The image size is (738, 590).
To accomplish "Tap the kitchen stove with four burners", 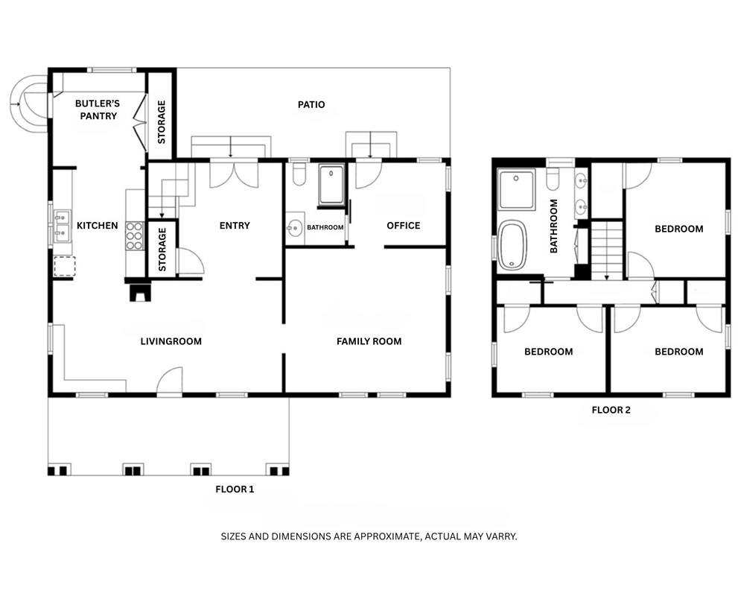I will pos(134,236).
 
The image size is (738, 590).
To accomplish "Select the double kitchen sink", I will pos(62,226).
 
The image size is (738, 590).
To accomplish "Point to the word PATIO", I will pos(311,105).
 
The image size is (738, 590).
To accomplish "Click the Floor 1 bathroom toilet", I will pos(299,174).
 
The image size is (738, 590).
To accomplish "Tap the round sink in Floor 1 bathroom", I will pos(295,228).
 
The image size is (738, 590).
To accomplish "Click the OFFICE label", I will pos(403,226).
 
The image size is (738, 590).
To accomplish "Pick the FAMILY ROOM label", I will pos(369,342).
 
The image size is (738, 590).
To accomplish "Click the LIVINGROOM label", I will pos(171,342).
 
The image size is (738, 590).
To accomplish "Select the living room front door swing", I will pos(171,381).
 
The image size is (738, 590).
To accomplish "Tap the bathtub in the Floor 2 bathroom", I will pos(512,245).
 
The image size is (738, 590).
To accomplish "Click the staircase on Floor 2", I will pos(606,250).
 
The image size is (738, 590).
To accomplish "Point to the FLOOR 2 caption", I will pos(611,410).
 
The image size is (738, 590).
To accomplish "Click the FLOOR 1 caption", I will pos(235,490).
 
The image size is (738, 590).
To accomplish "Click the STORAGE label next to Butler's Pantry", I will pos(162,121).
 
